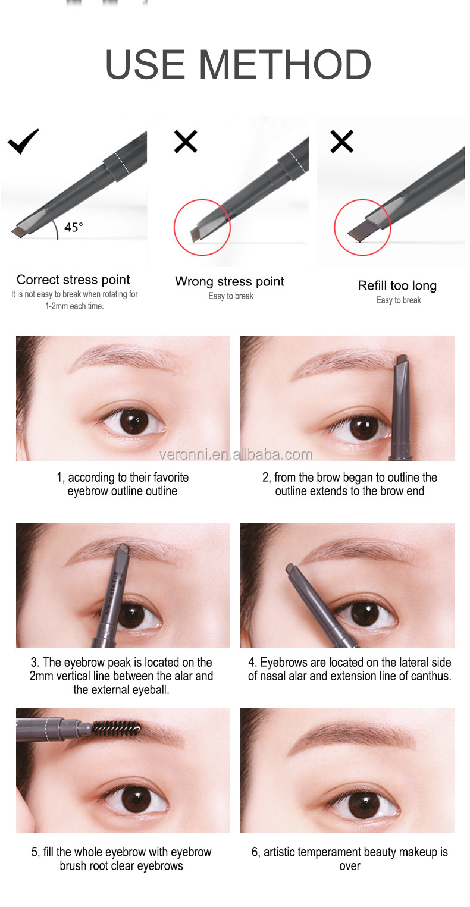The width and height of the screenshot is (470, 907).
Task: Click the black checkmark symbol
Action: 23,142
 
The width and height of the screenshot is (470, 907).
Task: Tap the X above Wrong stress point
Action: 186,142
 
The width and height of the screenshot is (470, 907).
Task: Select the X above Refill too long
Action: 342,142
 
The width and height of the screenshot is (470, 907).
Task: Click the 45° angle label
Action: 73,227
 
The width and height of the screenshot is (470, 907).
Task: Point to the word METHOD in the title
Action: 285,64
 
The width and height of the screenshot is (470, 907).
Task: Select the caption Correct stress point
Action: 73,280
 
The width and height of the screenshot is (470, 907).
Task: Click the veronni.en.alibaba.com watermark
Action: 236,455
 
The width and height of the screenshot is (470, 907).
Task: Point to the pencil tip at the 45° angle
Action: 18,232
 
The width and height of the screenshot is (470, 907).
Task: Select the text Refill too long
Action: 397,285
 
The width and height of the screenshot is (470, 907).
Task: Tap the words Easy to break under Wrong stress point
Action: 231,296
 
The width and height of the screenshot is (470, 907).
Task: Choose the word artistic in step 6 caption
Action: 279,852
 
